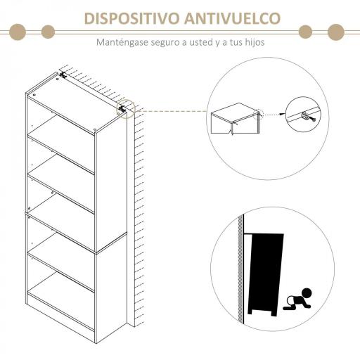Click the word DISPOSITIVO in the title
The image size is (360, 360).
[131, 18]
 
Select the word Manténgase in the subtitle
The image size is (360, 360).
[122, 42]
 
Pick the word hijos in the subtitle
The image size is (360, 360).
[252, 42]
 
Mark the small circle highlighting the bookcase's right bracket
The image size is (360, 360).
[125, 109]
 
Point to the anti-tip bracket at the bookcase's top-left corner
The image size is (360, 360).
[63, 75]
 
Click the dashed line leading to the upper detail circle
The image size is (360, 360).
[169, 110]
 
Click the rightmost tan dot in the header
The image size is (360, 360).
[337, 31]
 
